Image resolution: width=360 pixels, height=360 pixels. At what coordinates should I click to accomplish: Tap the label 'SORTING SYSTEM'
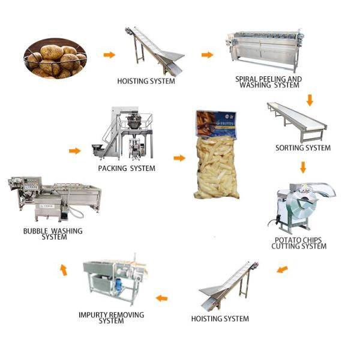click(303, 148)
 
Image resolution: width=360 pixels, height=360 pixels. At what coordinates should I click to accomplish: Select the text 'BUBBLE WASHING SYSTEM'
click(53, 233)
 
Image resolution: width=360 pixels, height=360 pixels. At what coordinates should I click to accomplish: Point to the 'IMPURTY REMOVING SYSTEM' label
click(112, 317)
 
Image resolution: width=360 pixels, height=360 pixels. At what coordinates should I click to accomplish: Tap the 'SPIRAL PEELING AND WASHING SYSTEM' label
click(269, 82)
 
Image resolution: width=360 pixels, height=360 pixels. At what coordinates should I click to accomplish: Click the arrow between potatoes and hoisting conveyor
click(109, 55)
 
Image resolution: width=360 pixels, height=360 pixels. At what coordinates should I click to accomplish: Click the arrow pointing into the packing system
click(74, 151)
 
